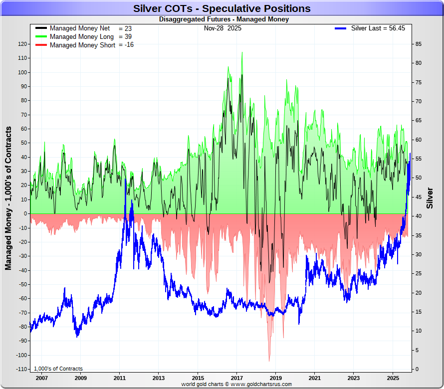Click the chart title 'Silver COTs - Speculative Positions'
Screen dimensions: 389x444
tap(222, 8)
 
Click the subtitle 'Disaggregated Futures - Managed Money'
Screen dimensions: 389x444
tap(223, 19)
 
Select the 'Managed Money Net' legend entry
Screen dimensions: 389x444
tap(80, 28)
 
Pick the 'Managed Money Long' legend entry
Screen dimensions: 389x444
tap(82, 37)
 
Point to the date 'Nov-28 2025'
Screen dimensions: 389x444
tap(222, 28)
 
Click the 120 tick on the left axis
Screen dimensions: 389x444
tap(21, 44)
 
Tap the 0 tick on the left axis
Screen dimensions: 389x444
tap(24, 213)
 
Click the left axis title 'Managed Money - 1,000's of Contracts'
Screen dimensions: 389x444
tap(8, 198)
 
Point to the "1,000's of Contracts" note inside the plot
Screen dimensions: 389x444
tap(58, 369)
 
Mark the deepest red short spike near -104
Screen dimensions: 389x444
tap(269, 360)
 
